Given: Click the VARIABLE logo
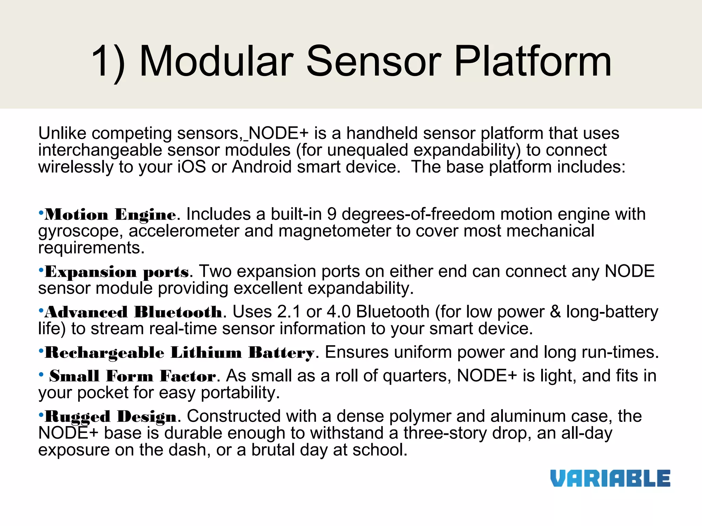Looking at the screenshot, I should point(610,478).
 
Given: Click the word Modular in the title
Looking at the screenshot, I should point(217,62).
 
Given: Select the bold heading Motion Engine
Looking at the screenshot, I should point(110,215).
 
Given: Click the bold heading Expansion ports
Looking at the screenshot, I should point(117,272).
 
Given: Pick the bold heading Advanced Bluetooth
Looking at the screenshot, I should point(133,312).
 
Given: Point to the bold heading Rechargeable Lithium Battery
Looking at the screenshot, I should point(180,353).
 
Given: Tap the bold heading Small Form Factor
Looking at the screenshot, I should point(133,376).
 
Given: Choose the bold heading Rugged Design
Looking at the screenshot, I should point(110,417).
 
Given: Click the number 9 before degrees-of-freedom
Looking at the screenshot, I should point(331,214).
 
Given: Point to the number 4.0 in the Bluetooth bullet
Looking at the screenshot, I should point(339,312).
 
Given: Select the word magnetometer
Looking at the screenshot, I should point(335,231).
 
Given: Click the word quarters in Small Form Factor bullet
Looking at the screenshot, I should point(417,376).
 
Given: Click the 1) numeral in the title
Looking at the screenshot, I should point(109,62).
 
